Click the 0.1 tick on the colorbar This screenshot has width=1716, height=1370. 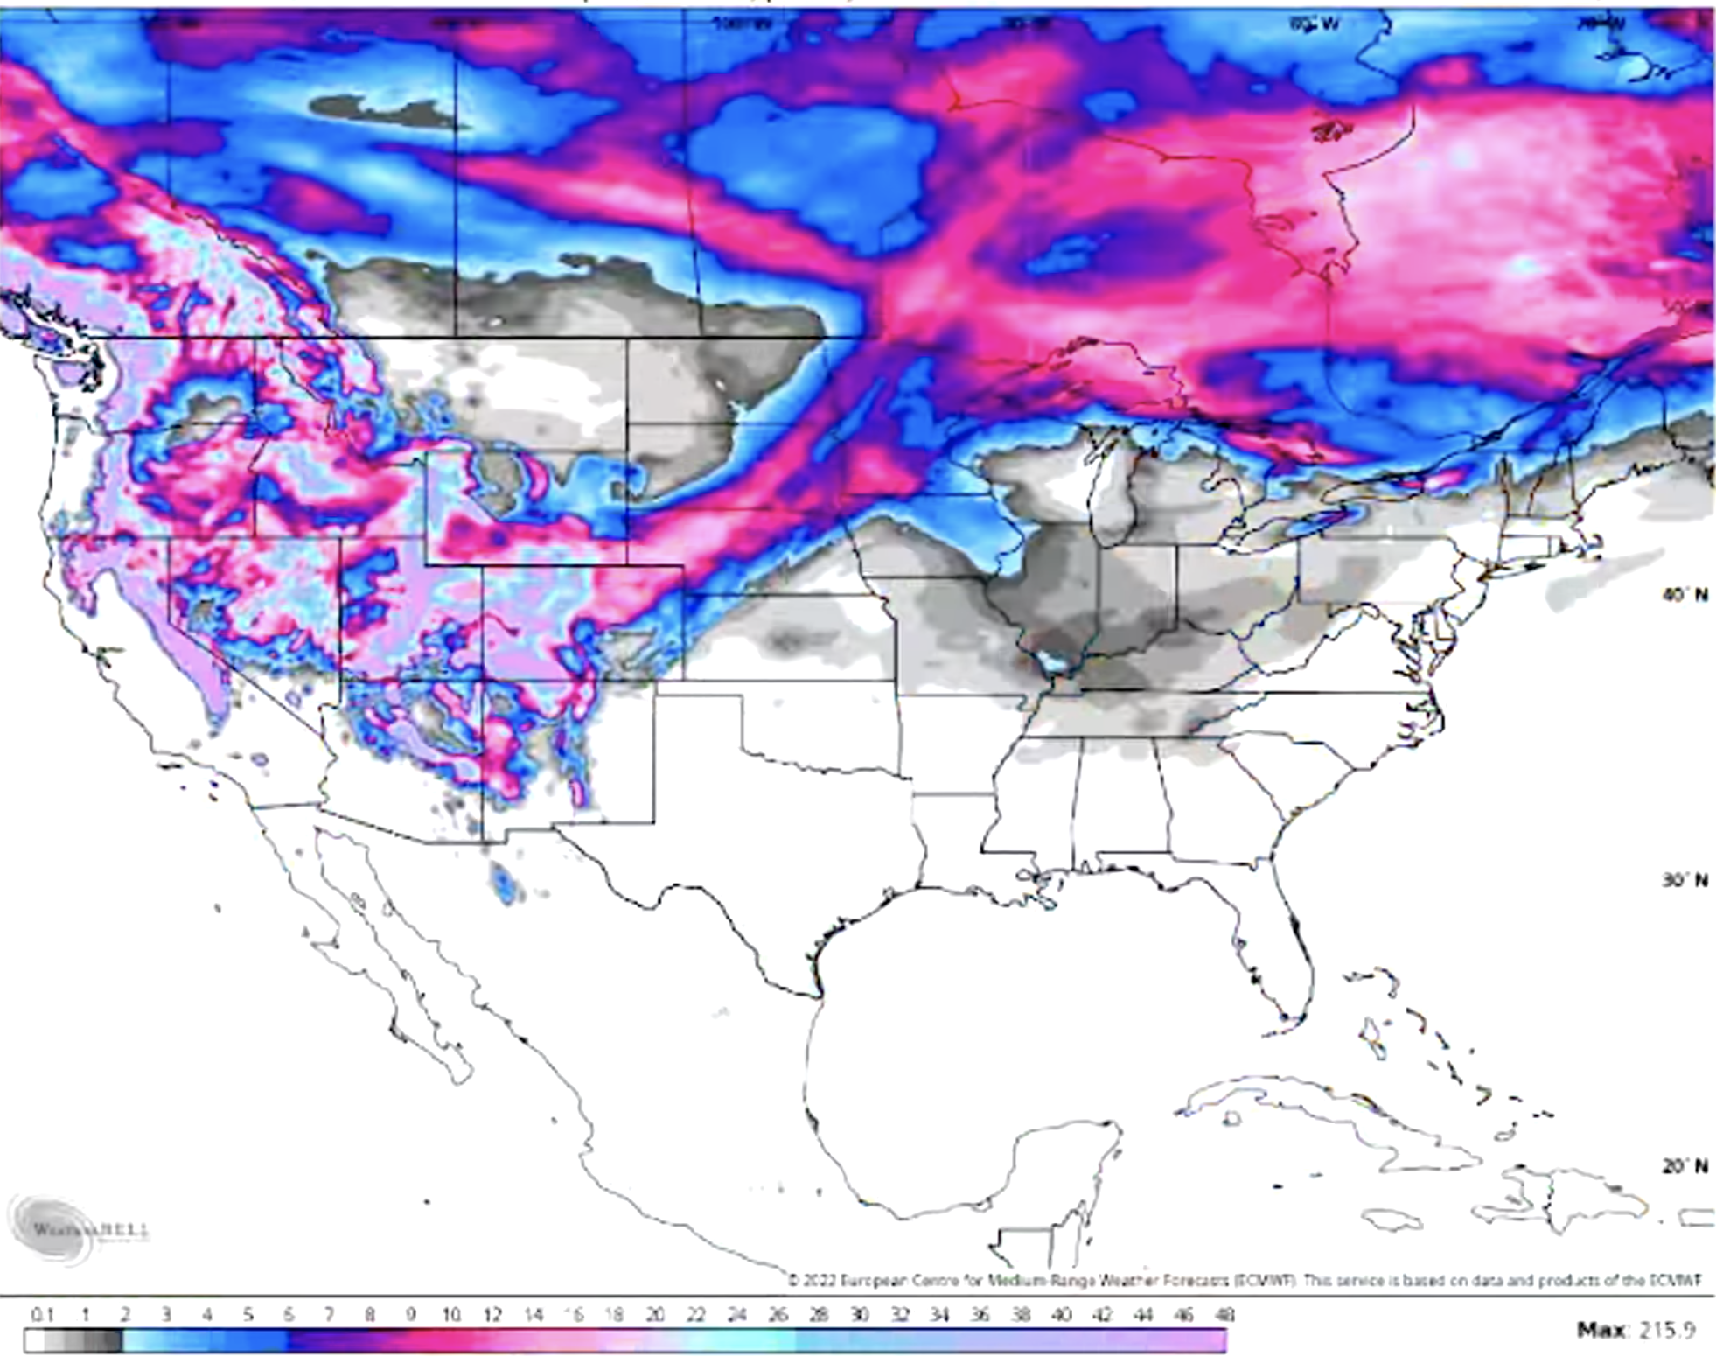coord(42,1314)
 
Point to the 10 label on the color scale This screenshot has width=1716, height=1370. coord(450,1314)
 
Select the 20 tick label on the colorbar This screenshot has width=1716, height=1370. coord(655,1314)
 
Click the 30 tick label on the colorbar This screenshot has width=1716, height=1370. coord(859,1314)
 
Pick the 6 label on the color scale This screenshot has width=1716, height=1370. coord(289,1314)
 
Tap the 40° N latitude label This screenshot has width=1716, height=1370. coord(1685,595)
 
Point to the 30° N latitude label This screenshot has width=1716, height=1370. coord(1685,880)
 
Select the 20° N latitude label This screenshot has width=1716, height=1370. coord(1685,1166)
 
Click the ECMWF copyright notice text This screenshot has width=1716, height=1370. coord(1242,1281)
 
